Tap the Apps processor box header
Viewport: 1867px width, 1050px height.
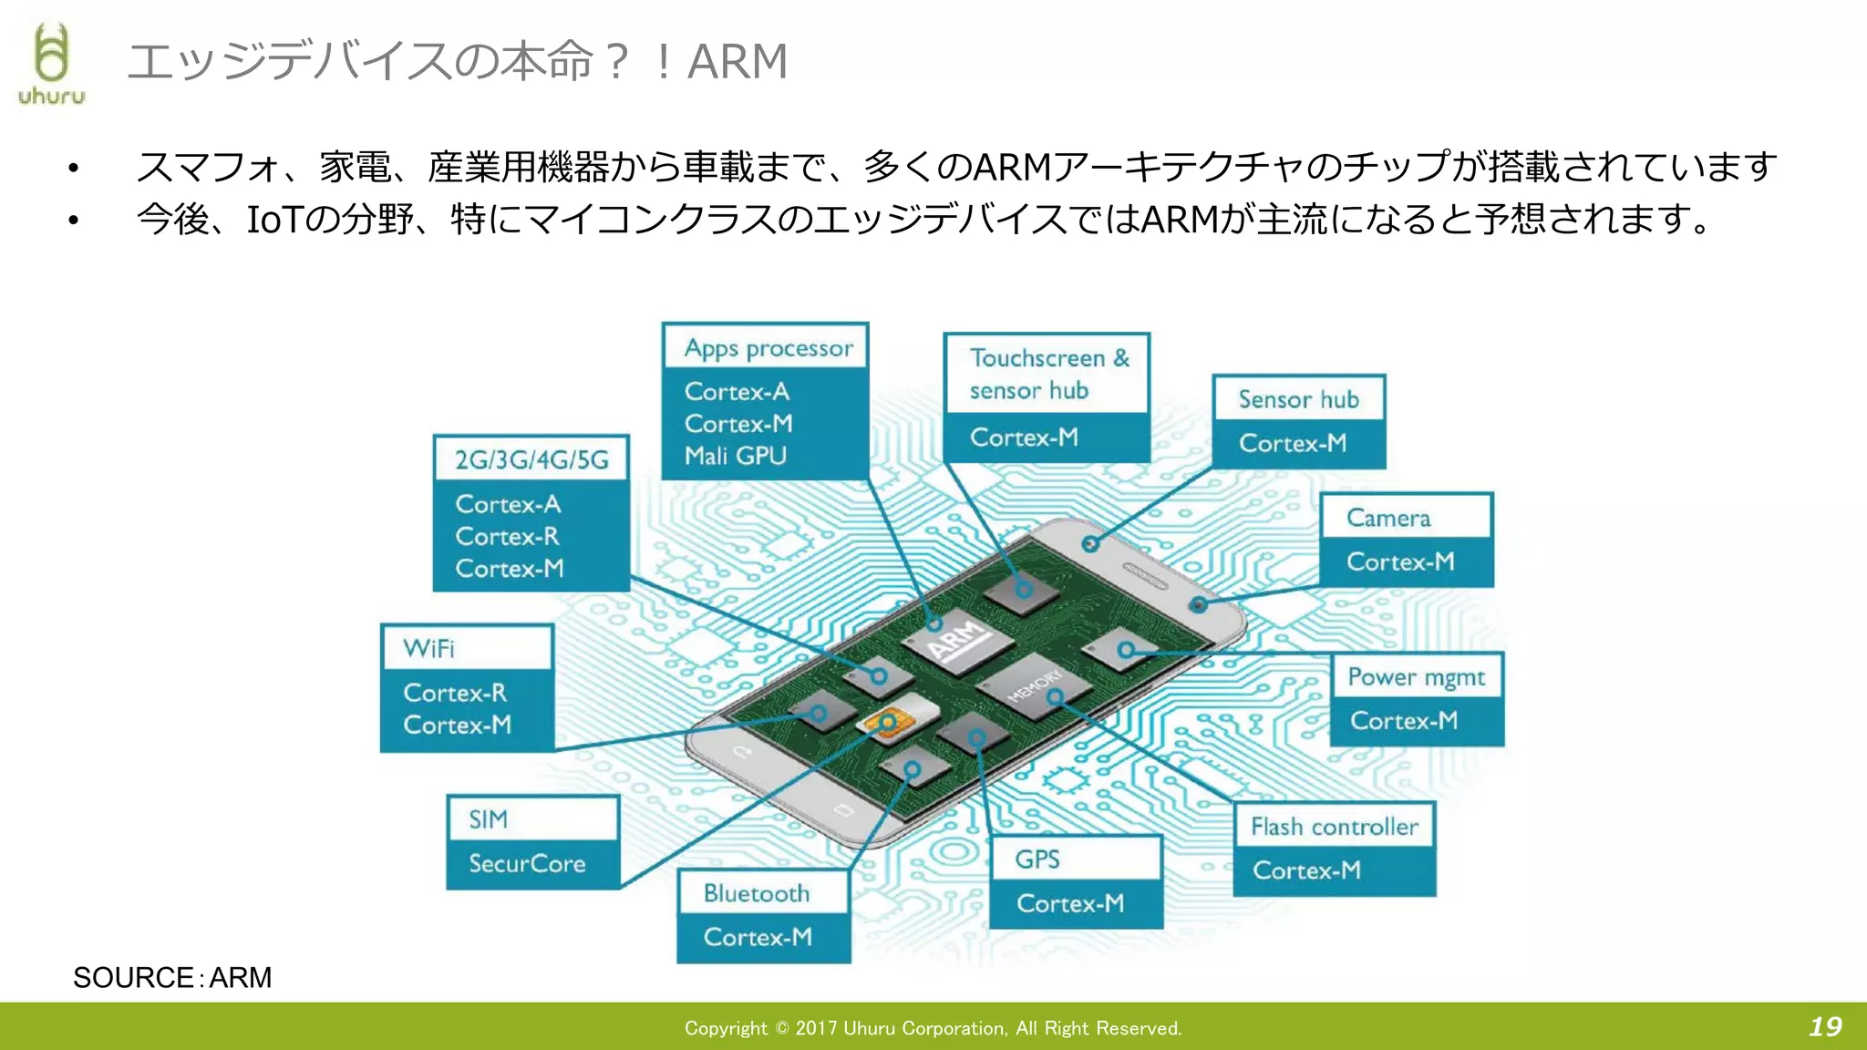pyautogui.click(x=768, y=348)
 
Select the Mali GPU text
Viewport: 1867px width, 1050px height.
pyautogui.click(x=735, y=456)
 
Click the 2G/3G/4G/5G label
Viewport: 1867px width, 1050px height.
pyautogui.click(x=531, y=459)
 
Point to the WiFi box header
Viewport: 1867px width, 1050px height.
pyautogui.click(x=428, y=648)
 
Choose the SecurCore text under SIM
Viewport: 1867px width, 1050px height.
pyautogui.click(x=527, y=863)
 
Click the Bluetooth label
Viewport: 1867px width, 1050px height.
pyautogui.click(x=756, y=893)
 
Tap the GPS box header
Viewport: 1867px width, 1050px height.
pyautogui.click(x=1037, y=860)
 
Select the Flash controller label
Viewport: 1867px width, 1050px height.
pyautogui.click(x=1334, y=827)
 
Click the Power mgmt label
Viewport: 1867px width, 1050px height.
pyautogui.click(x=1416, y=677)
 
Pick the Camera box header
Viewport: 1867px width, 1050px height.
pyautogui.click(x=1388, y=518)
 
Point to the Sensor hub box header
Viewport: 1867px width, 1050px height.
pyautogui.click(x=1298, y=399)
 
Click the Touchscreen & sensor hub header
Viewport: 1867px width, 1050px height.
pyautogui.click(x=1048, y=374)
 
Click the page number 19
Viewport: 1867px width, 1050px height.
pyautogui.click(x=1825, y=1027)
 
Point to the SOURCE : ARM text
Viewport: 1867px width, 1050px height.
pyautogui.click(x=172, y=977)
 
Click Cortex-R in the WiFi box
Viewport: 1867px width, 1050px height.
pyautogui.click(x=454, y=693)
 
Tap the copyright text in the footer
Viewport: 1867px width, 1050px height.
pyautogui.click(x=933, y=1028)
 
